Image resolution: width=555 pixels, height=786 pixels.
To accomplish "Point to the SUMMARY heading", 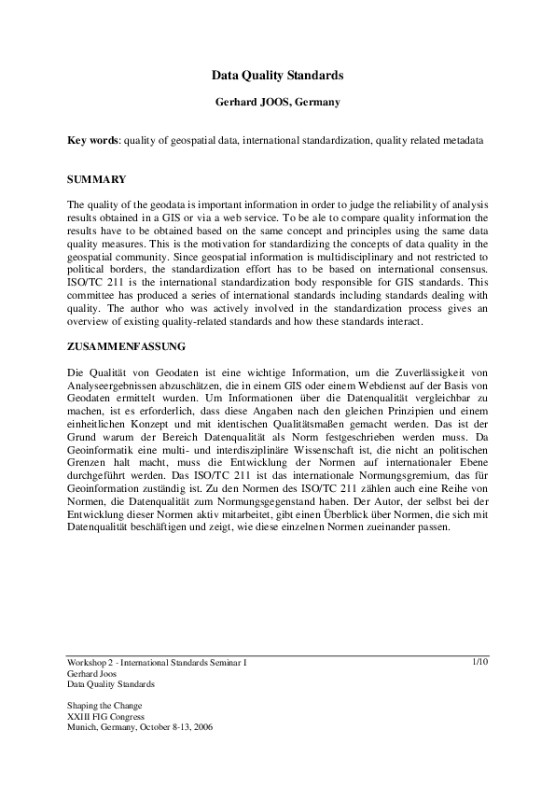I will [x=97, y=177].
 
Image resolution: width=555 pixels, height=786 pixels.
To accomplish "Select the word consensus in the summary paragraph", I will [x=459, y=283].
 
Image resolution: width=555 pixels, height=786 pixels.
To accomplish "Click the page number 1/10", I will [x=480, y=662].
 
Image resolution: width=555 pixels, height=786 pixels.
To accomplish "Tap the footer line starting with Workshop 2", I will [x=158, y=662].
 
